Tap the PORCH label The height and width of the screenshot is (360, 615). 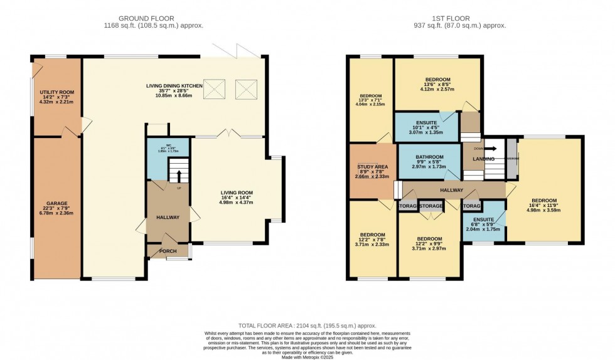[x=168, y=251]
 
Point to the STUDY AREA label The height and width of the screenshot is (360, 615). [x=373, y=167]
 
